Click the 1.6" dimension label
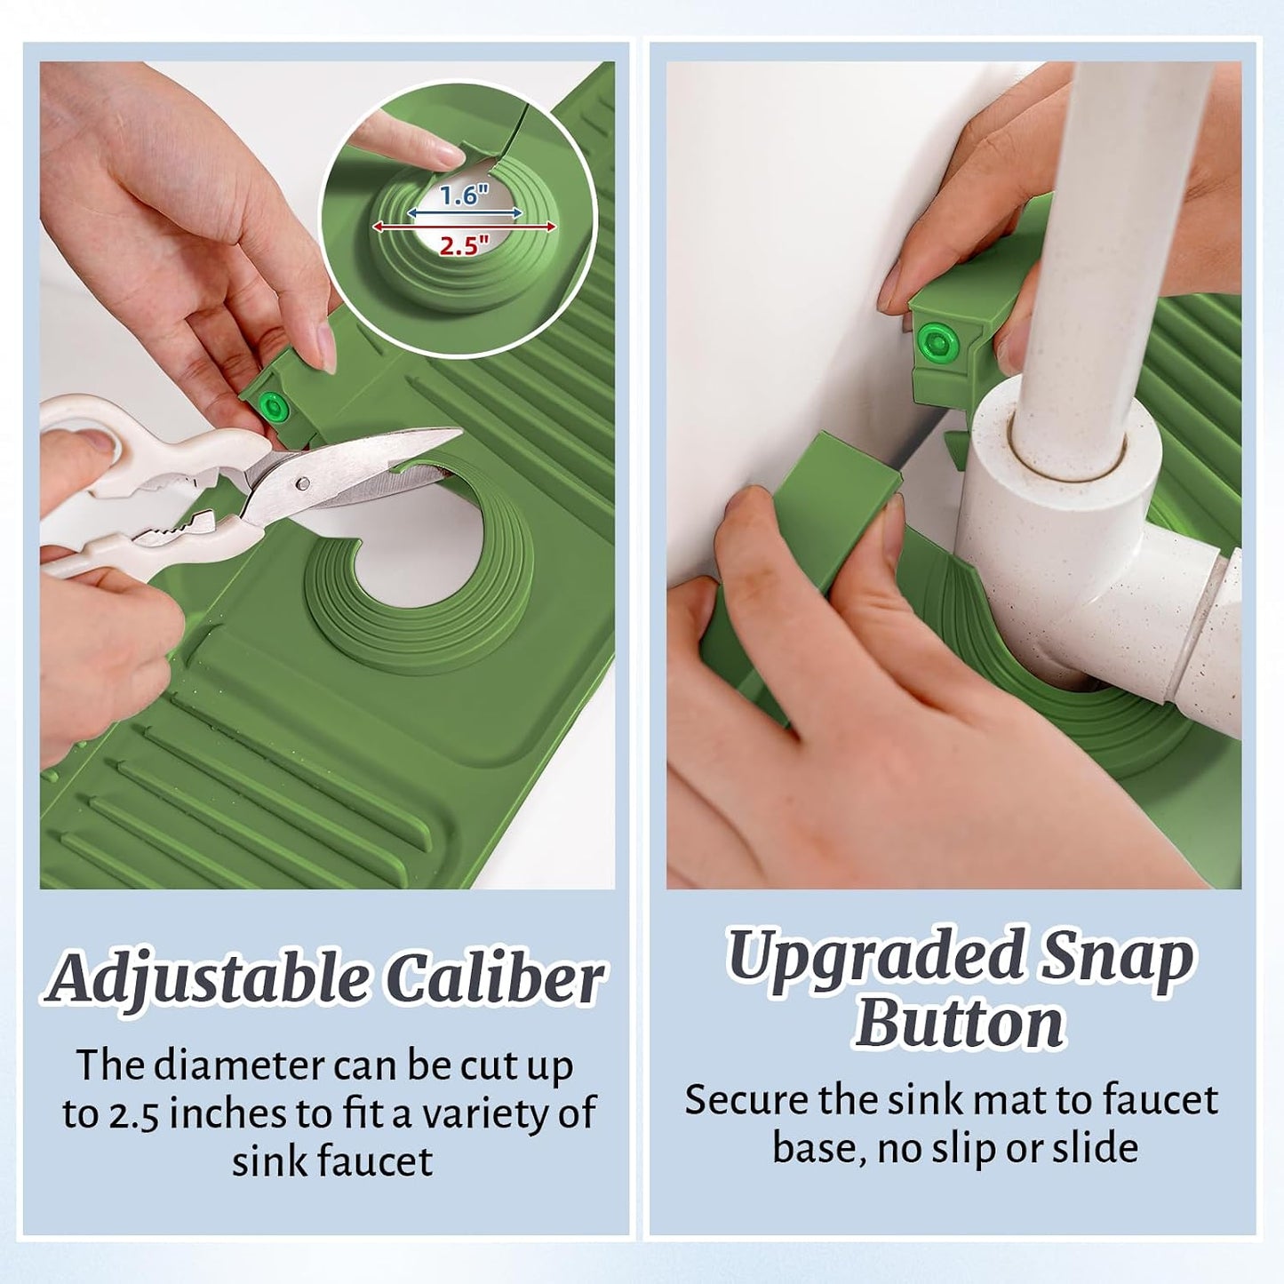(x=464, y=195)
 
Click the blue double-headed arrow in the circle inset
(x=464, y=212)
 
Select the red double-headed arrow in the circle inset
(x=464, y=227)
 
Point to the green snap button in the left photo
(x=274, y=406)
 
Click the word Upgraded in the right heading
(x=873, y=962)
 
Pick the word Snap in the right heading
(x=1115, y=962)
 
